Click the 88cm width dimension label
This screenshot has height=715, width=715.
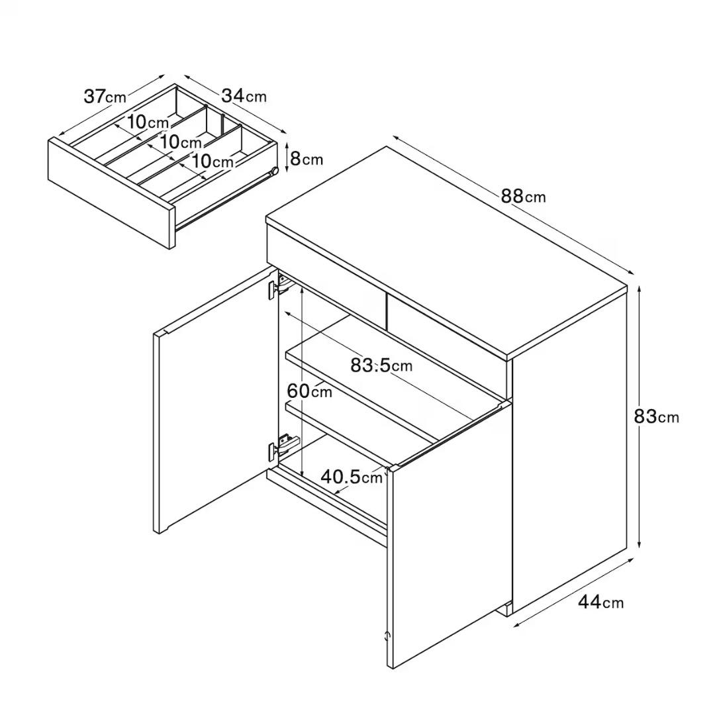523,197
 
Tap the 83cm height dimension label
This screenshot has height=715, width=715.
656,416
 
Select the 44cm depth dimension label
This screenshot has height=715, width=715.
600,602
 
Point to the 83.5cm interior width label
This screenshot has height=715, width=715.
381,365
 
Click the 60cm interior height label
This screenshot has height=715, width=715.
310,391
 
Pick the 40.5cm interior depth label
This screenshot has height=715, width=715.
352,477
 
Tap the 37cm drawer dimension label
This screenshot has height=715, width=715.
105,97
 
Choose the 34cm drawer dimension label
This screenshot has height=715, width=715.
244,96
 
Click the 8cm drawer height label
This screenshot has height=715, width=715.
307,159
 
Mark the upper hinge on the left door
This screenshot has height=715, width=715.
279,287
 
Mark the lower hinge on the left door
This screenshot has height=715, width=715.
282,446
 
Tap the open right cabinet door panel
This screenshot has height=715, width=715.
449,534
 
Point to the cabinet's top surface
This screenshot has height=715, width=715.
448,251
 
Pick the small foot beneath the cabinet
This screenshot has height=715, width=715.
506,609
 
